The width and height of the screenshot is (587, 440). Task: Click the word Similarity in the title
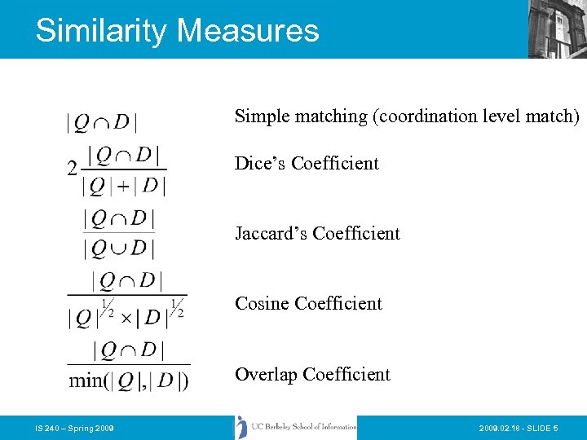tap(101, 31)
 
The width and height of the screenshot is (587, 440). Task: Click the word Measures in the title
tap(247, 31)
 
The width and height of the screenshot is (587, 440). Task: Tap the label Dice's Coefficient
tap(307, 163)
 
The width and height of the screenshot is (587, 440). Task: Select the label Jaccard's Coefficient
tap(317, 233)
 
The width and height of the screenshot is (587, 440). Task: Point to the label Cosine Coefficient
tap(308, 303)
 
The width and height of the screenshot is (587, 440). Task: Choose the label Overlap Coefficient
tap(312, 374)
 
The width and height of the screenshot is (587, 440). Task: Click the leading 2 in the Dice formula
tap(73, 169)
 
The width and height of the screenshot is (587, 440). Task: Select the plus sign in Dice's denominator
tap(124, 187)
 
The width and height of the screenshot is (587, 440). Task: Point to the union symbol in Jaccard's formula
tap(119, 247)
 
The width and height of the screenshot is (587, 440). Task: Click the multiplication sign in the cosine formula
tap(126, 317)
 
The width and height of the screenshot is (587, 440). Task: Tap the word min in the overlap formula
tap(86, 381)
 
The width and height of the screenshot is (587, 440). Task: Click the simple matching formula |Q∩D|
tap(101, 123)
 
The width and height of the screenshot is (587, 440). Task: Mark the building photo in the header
tap(557, 29)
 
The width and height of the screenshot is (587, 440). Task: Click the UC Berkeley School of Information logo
tap(296, 427)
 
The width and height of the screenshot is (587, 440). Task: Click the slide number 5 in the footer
tap(555, 428)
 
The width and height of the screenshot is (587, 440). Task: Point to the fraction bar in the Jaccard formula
tap(119, 233)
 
